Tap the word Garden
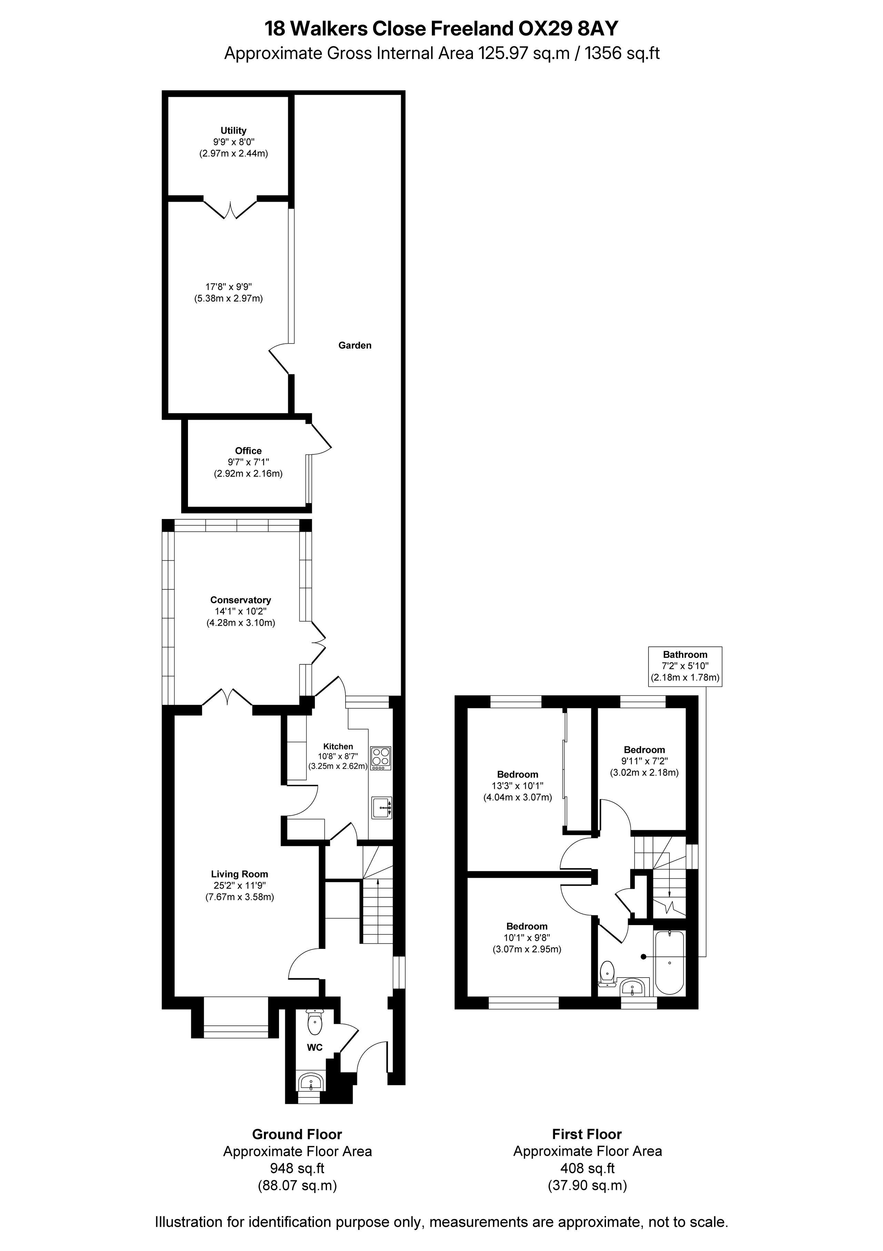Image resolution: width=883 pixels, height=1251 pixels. tap(355, 345)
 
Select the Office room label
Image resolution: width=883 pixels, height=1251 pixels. tap(248, 451)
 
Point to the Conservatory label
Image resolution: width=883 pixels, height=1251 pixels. tap(241, 600)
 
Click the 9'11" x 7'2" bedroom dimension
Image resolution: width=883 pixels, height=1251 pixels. tap(645, 761)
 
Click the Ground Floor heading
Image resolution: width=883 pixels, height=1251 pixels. tap(297, 1134)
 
